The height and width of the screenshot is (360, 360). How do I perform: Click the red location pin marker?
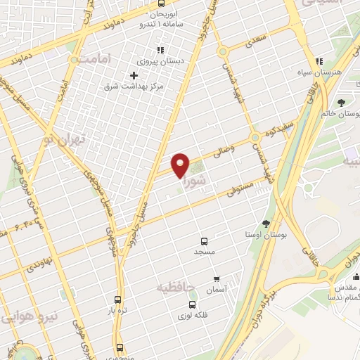pyautogui.click(x=181, y=165)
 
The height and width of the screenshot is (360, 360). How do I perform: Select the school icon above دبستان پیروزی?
pyautogui.click(x=160, y=50)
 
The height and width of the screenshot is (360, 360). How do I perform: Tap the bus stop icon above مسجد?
pyautogui.click(x=205, y=240)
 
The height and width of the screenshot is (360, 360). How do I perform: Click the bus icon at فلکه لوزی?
pyautogui.click(x=192, y=304)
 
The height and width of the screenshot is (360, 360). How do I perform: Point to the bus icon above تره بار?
pyautogui.click(x=118, y=298)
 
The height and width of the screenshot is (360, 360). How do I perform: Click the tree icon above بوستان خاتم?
pyautogui.click(x=341, y=103)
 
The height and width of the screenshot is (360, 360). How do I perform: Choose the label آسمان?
pyautogui.click(x=214, y=290)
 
